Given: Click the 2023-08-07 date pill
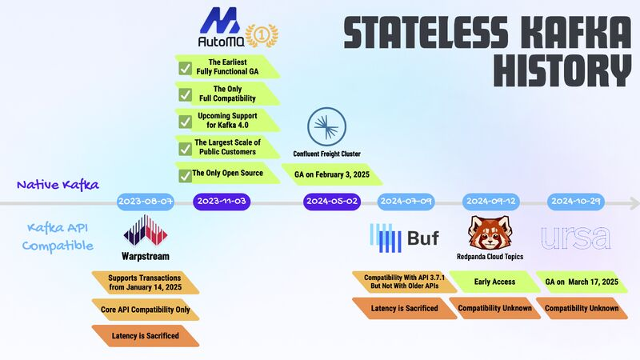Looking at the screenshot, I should pos(146,202).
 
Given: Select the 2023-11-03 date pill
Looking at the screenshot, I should pos(222,202).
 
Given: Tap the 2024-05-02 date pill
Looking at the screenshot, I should pos(333,202).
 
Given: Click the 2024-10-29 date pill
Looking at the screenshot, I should pos(574,202).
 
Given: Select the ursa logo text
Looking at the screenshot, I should pos(575,237).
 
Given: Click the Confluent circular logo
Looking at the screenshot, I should pos(326,128).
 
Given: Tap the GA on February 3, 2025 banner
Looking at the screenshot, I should pos(331,174).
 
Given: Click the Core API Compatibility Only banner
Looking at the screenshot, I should pos(146,309).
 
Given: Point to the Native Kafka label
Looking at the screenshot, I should pos(58,185).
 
